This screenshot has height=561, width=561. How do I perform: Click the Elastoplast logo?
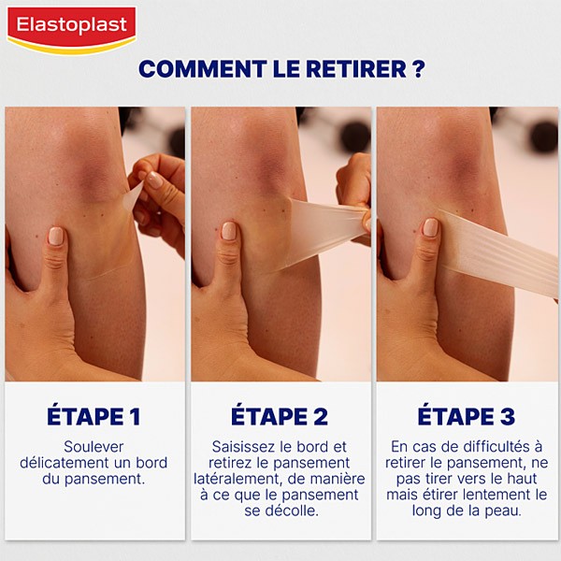(x=71, y=28)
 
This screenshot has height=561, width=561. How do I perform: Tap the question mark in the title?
(x=417, y=70)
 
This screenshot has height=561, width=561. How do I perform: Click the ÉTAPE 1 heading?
(x=94, y=416)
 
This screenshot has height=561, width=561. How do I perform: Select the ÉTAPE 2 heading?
(x=280, y=416)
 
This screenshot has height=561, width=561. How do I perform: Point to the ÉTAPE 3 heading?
(x=466, y=416)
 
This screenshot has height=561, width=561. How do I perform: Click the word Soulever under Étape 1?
(x=94, y=447)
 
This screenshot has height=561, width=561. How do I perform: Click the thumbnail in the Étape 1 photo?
(x=57, y=236)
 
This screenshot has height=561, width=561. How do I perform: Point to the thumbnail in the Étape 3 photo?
(x=430, y=227)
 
